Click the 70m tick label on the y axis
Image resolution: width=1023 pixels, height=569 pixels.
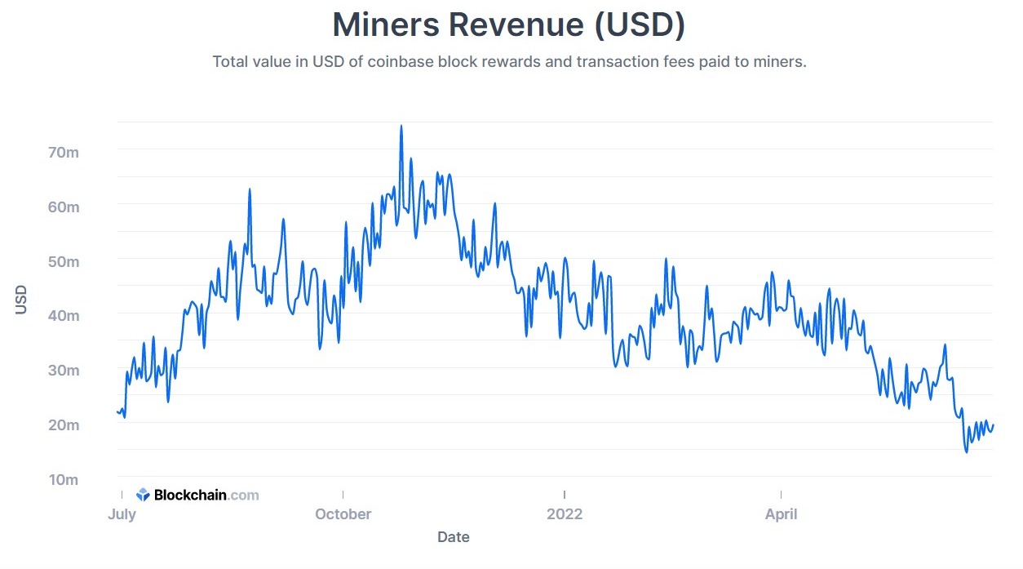coord(62,153)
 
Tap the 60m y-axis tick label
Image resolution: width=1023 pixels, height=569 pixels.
coord(62,207)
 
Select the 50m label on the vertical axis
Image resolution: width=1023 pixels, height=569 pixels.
coord(62,262)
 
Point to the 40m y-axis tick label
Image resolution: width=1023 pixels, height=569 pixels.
coord(62,316)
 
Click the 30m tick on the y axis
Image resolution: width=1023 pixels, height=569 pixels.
coord(62,371)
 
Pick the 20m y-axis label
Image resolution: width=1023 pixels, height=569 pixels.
coord(62,425)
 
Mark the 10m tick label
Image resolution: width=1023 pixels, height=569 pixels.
coord(62,480)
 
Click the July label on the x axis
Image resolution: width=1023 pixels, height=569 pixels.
coord(122,514)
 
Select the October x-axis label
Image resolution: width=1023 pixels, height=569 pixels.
coord(343,514)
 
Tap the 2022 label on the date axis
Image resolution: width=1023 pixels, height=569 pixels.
coord(565,514)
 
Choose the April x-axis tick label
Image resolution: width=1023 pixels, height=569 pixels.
coord(781,514)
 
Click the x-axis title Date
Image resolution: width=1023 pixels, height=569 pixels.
coord(453,537)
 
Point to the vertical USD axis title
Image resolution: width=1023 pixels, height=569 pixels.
coord(22,299)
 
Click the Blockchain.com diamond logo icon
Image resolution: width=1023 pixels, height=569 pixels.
coord(143,495)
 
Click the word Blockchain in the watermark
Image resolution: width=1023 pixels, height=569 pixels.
coord(189,495)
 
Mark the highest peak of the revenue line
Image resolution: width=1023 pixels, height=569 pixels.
coord(401,127)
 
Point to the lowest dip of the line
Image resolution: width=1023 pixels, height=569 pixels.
coord(967,451)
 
